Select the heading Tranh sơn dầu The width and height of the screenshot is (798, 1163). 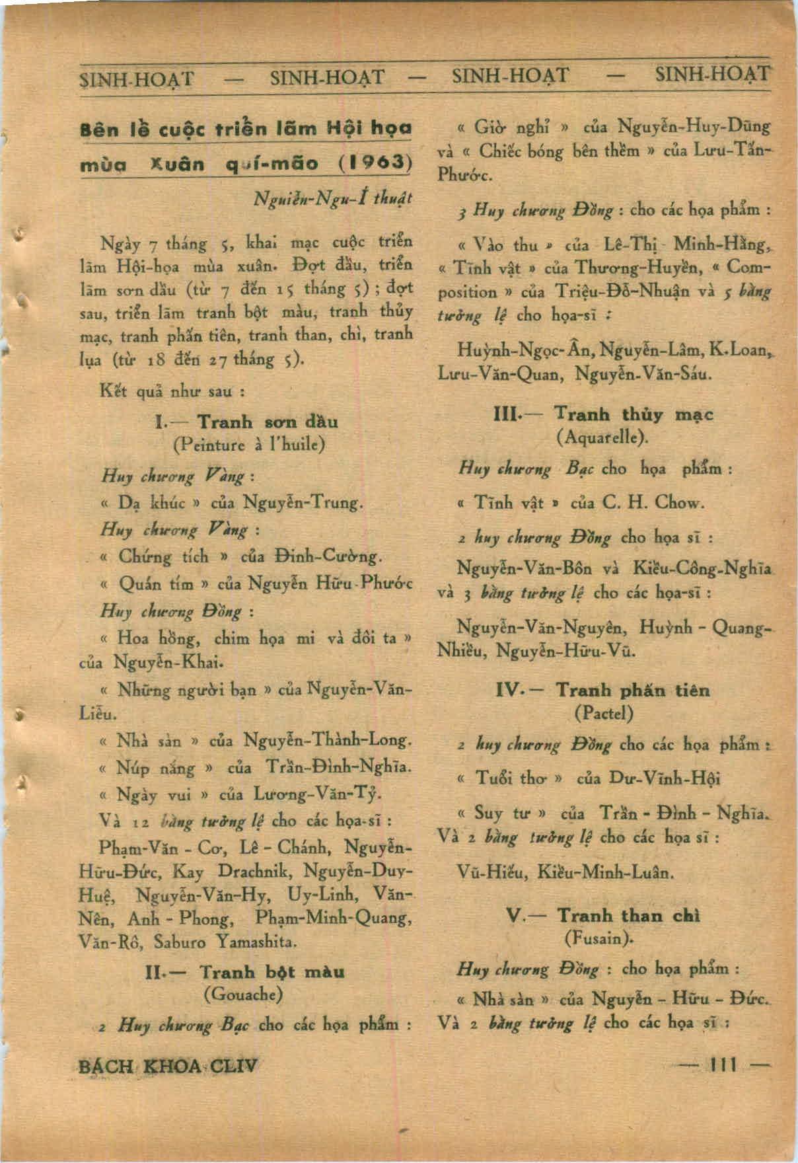click(x=268, y=422)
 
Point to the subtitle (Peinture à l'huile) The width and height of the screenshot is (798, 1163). click(x=248, y=444)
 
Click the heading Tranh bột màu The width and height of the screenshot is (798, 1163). click(x=272, y=972)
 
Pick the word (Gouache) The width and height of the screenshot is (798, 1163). click(x=244, y=994)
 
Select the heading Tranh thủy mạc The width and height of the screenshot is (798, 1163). click(x=634, y=415)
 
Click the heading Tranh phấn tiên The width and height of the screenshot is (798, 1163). click(x=632, y=691)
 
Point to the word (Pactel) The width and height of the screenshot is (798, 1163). click(x=604, y=713)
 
